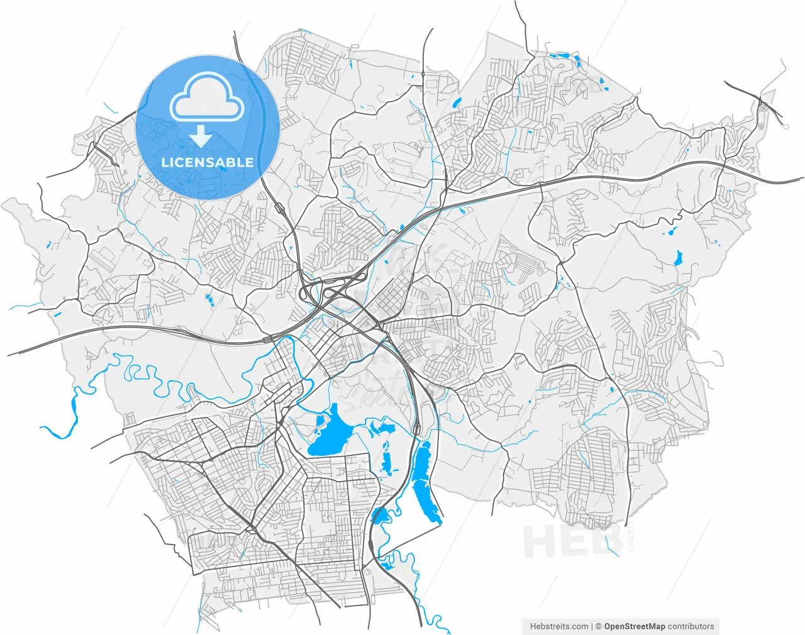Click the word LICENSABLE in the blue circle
(208, 162)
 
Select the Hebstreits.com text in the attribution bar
(558, 626)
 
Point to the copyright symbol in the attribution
(599, 626)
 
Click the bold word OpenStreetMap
(635, 626)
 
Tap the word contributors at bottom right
(691, 626)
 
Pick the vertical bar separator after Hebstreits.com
(592, 626)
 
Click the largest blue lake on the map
(331, 434)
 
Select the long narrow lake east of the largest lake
(423, 481)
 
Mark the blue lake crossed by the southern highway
(380, 516)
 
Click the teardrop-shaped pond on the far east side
(678, 258)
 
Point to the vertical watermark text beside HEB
(631, 539)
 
